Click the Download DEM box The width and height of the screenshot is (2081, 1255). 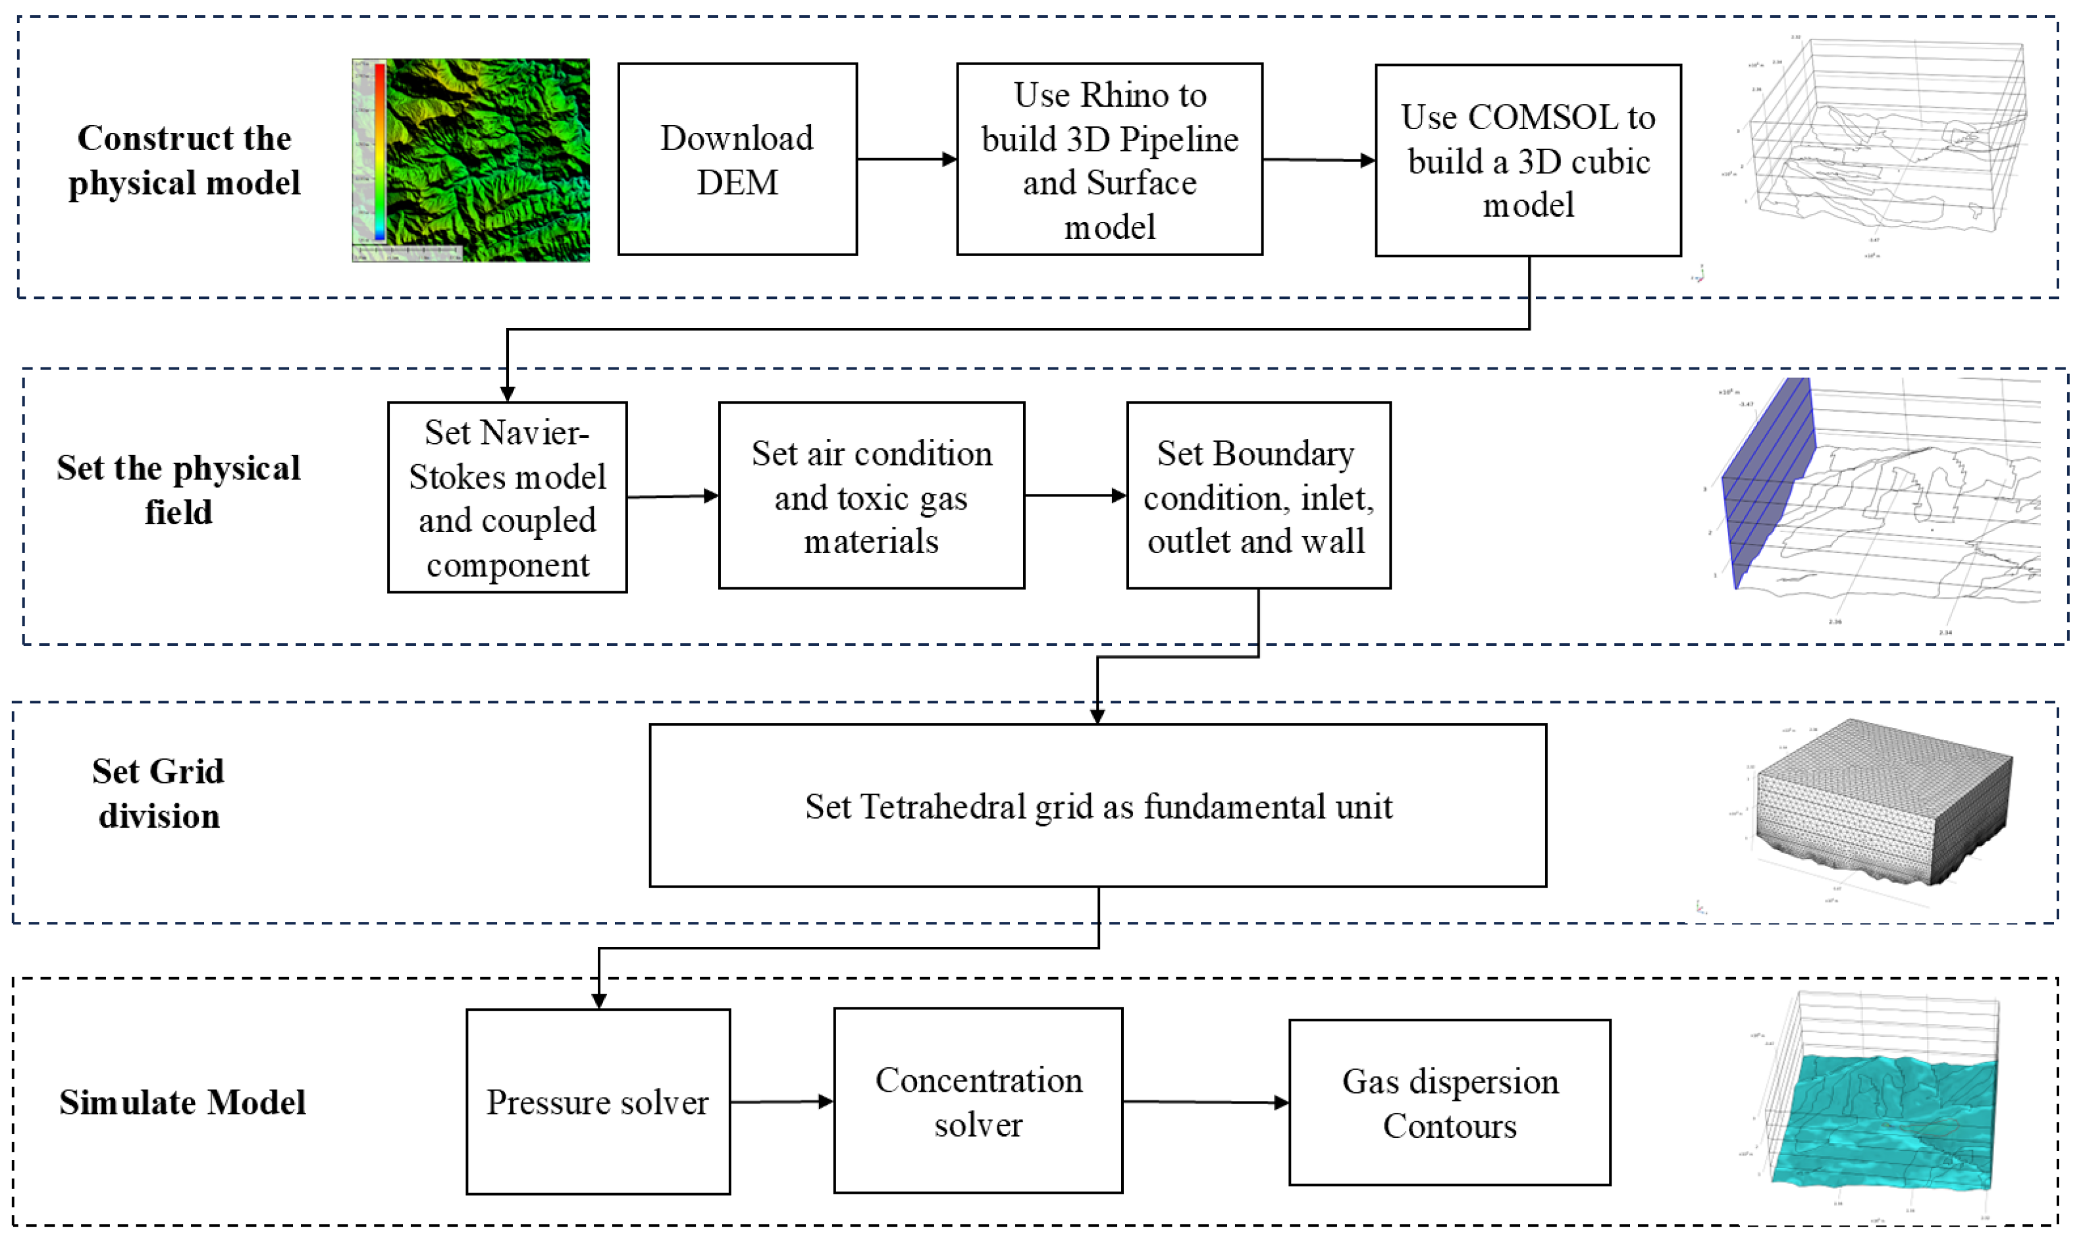click(737, 159)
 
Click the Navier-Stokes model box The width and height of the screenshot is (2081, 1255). click(507, 497)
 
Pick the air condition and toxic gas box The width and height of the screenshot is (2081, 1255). click(871, 496)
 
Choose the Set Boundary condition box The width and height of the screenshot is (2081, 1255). click(1257, 496)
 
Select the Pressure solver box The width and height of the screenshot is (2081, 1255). click(597, 1102)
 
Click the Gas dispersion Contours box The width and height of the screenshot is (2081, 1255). click(1448, 1102)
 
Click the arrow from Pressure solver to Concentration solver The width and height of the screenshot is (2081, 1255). click(781, 1102)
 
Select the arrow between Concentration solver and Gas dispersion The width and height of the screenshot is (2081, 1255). click(1205, 1102)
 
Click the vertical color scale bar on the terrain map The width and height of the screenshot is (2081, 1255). click(380, 152)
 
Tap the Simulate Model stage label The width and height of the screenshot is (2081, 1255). click(182, 1102)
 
